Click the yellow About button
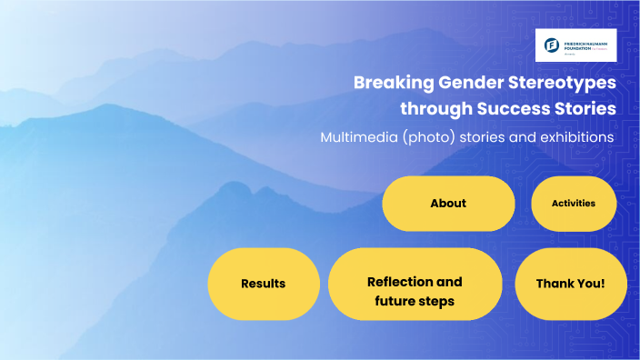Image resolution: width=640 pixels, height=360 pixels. [448, 204]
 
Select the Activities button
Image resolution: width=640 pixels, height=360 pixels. [574, 204]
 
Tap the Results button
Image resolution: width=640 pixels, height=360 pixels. [264, 284]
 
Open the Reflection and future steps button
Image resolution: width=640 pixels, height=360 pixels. [415, 284]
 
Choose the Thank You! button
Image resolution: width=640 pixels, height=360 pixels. [570, 284]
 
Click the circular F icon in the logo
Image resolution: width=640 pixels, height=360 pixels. [552, 44]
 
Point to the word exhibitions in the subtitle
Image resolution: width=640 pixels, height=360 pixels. [572, 137]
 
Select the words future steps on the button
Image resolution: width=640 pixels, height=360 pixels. [415, 301]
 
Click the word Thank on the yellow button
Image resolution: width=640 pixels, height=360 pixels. [554, 284]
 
